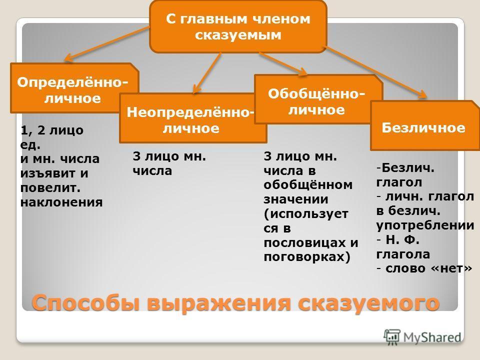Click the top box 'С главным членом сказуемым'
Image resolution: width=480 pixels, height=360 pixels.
(x=238, y=26)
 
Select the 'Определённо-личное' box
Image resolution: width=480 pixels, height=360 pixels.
(x=74, y=88)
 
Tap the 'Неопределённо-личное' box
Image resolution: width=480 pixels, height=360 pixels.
(x=193, y=118)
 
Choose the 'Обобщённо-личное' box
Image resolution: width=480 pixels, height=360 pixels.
(x=318, y=99)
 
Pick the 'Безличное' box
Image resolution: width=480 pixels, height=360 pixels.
(x=425, y=125)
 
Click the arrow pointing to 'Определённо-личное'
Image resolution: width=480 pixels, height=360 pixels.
(x=107, y=43)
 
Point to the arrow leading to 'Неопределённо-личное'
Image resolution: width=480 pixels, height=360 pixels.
(x=206, y=73)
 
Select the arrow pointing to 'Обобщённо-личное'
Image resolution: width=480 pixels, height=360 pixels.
(x=283, y=63)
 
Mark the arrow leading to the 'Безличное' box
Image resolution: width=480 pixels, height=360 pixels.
(x=375, y=72)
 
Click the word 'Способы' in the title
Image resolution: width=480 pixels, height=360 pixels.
(x=86, y=303)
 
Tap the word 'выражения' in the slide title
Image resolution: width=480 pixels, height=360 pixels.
(x=218, y=303)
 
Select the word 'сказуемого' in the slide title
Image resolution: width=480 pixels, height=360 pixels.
(x=369, y=303)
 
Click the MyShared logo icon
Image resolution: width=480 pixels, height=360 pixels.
(x=392, y=337)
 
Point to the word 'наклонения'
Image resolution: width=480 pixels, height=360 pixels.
(x=61, y=202)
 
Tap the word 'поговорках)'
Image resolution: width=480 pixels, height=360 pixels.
(x=306, y=257)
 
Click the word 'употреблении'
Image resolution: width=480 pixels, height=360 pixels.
(x=425, y=225)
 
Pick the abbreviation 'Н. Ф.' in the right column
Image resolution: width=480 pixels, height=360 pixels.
(x=402, y=239)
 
